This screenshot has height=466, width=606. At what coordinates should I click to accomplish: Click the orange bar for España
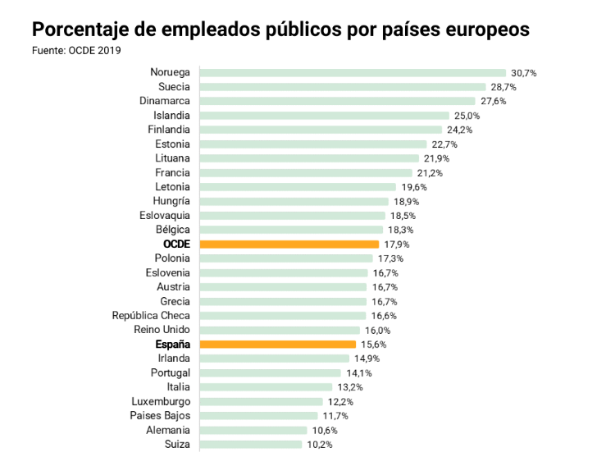277,345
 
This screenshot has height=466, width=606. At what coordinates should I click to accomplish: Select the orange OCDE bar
289,244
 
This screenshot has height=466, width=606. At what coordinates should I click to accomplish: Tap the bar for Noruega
353,73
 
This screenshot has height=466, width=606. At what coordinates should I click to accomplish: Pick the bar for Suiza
250,445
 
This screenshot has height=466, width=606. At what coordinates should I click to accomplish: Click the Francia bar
305,173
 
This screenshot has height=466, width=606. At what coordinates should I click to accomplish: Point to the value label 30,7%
523,73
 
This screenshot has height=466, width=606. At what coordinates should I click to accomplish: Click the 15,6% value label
373,345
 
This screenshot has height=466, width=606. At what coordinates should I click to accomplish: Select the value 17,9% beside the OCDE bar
396,244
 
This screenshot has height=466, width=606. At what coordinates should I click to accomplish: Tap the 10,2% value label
319,445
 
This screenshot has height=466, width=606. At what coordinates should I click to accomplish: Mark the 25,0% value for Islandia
467,116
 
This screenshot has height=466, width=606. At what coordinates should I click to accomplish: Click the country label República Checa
151,316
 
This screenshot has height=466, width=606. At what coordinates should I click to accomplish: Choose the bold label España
172,345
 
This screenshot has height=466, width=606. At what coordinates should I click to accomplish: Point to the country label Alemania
168,430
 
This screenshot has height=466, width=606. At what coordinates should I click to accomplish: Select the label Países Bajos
160,416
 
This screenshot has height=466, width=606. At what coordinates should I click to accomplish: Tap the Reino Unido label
162,330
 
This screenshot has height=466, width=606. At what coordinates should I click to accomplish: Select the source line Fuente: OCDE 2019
76,50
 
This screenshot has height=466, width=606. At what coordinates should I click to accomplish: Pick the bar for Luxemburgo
261,402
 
